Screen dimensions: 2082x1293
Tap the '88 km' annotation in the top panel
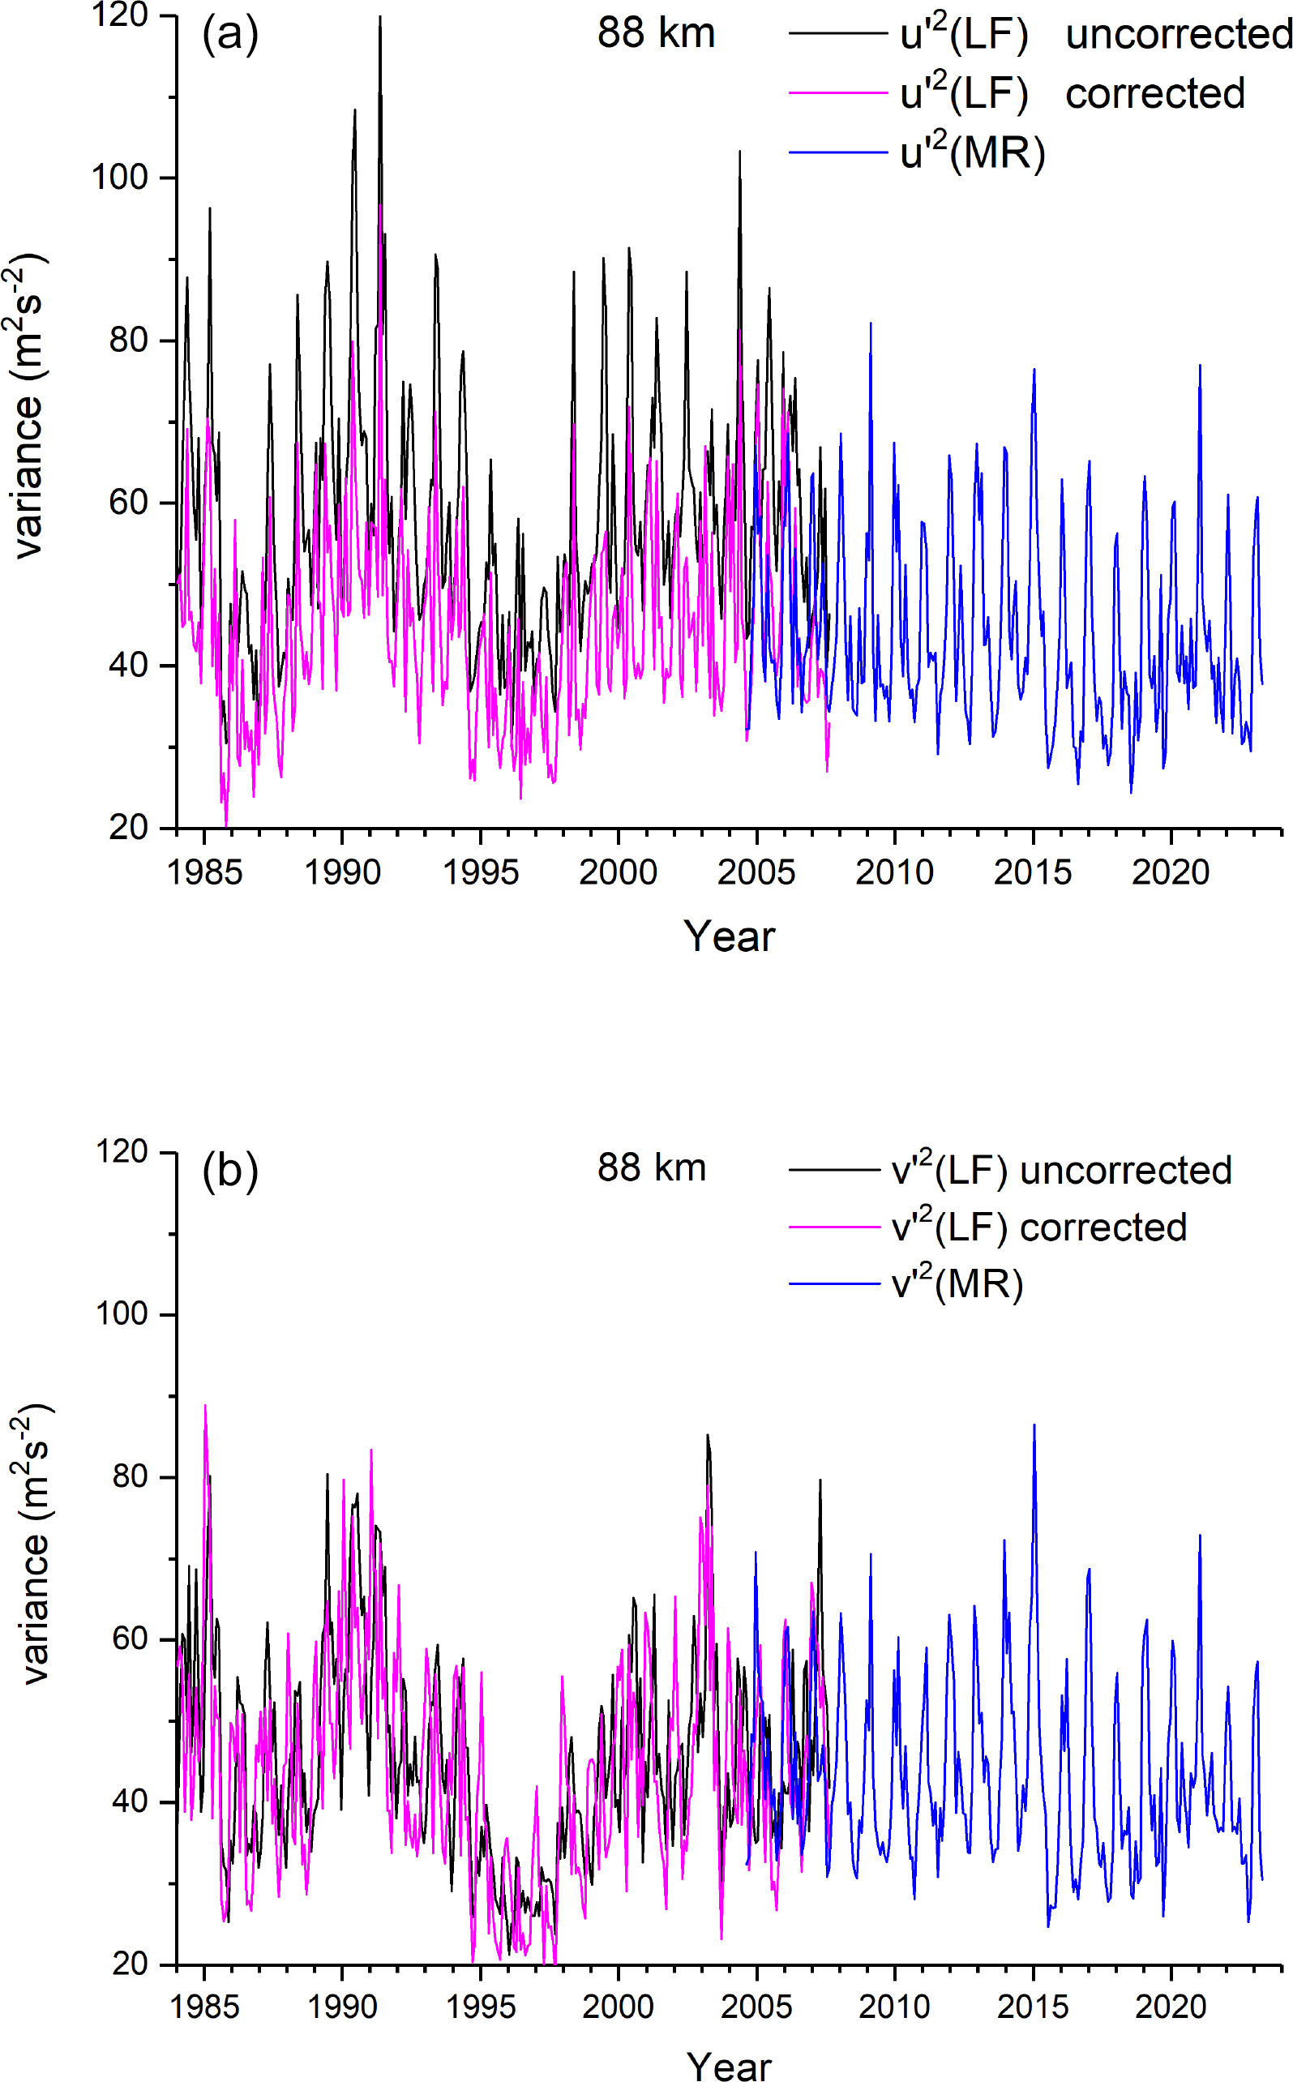(656, 34)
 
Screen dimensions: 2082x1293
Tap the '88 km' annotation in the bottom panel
(652, 1168)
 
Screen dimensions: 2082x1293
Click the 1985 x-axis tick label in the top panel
(204, 873)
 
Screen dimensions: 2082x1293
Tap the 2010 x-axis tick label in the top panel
(894, 873)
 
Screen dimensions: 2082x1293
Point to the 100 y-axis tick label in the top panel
(120, 178)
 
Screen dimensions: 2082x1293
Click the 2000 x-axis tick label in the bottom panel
(619, 2007)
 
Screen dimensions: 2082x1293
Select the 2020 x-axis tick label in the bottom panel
(1171, 2007)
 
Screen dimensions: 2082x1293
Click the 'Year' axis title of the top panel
(729, 936)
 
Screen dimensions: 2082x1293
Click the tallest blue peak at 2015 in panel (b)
(1034, 1425)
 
